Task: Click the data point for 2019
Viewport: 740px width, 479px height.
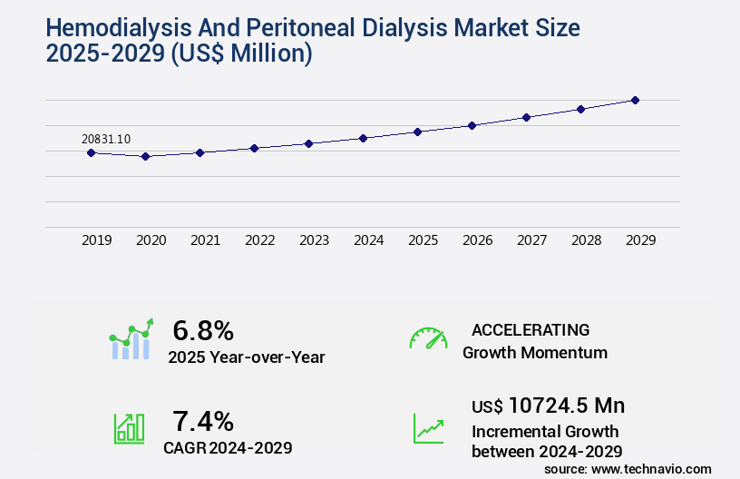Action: tap(91, 152)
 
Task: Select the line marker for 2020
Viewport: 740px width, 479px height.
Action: tap(145, 156)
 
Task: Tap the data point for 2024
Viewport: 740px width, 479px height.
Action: tap(363, 138)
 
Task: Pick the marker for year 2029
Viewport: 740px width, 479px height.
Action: tap(635, 100)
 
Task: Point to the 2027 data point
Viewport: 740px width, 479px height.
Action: tap(526, 117)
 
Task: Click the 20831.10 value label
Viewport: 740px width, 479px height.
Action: tap(106, 139)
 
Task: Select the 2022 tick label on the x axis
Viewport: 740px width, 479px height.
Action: tap(260, 240)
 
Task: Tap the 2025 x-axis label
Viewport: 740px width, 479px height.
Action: tap(424, 240)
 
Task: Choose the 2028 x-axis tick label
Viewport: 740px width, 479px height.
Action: tap(587, 240)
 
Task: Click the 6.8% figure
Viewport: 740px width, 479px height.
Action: tap(203, 331)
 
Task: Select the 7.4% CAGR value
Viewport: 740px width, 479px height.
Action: tap(203, 421)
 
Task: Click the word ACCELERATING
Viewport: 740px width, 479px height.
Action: tap(531, 329)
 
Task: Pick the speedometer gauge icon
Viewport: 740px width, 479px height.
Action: tap(428, 338)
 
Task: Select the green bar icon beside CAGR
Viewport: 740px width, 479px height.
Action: tap(130, 428)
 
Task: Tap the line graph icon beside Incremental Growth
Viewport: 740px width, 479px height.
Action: tap(428, 428)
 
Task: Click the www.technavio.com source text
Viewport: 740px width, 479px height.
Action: tap(651, 468)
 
